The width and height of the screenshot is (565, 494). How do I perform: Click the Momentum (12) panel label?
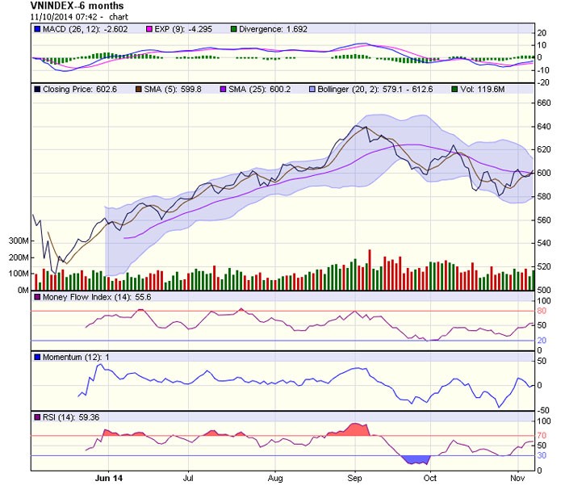68,356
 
